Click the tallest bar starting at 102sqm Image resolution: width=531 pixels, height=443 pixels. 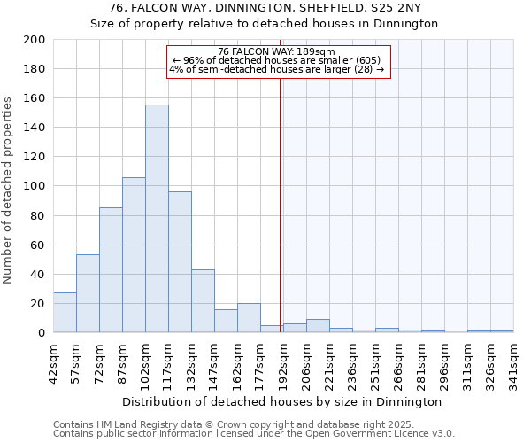(x=157, y=219)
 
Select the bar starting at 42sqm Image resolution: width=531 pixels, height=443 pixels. (x=65, y=313)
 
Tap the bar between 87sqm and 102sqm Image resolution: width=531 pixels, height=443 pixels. (x=134, y=255)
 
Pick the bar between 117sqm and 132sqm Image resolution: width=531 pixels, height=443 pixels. (x=180, y=262)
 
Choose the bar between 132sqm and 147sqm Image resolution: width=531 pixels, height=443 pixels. (x=203, y=301)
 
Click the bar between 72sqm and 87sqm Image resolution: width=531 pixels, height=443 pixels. (x=111, y=270)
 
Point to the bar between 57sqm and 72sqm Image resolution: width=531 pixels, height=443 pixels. (x=88, y=293)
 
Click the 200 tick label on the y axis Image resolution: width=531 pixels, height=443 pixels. (x=35, y=40)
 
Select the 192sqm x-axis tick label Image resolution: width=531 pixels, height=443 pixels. (x=283, y=361)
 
